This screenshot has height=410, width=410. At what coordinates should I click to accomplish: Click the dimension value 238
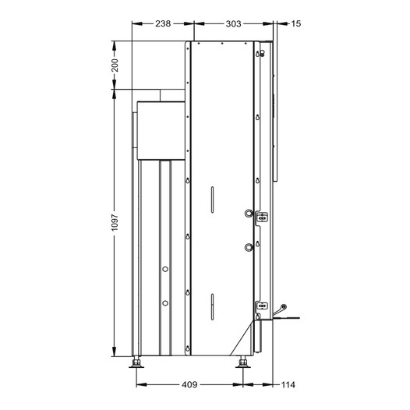click(163, 24)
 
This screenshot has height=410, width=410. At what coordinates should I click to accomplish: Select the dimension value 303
click(233, 24)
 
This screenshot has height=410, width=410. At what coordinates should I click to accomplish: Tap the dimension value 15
click(295, 24)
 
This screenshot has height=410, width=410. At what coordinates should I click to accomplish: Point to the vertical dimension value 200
click(115, 65)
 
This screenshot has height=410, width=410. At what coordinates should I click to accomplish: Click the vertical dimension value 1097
click(115, 222)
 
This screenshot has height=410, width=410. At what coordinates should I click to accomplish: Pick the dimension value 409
click(189, 384)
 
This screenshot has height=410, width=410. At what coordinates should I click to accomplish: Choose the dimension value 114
click(288, 384)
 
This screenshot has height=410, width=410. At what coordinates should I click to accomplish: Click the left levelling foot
click(136, 362)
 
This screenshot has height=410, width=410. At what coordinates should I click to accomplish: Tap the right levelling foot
click(243, 362)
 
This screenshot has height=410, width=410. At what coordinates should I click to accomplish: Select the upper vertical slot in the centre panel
click(212, 200)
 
